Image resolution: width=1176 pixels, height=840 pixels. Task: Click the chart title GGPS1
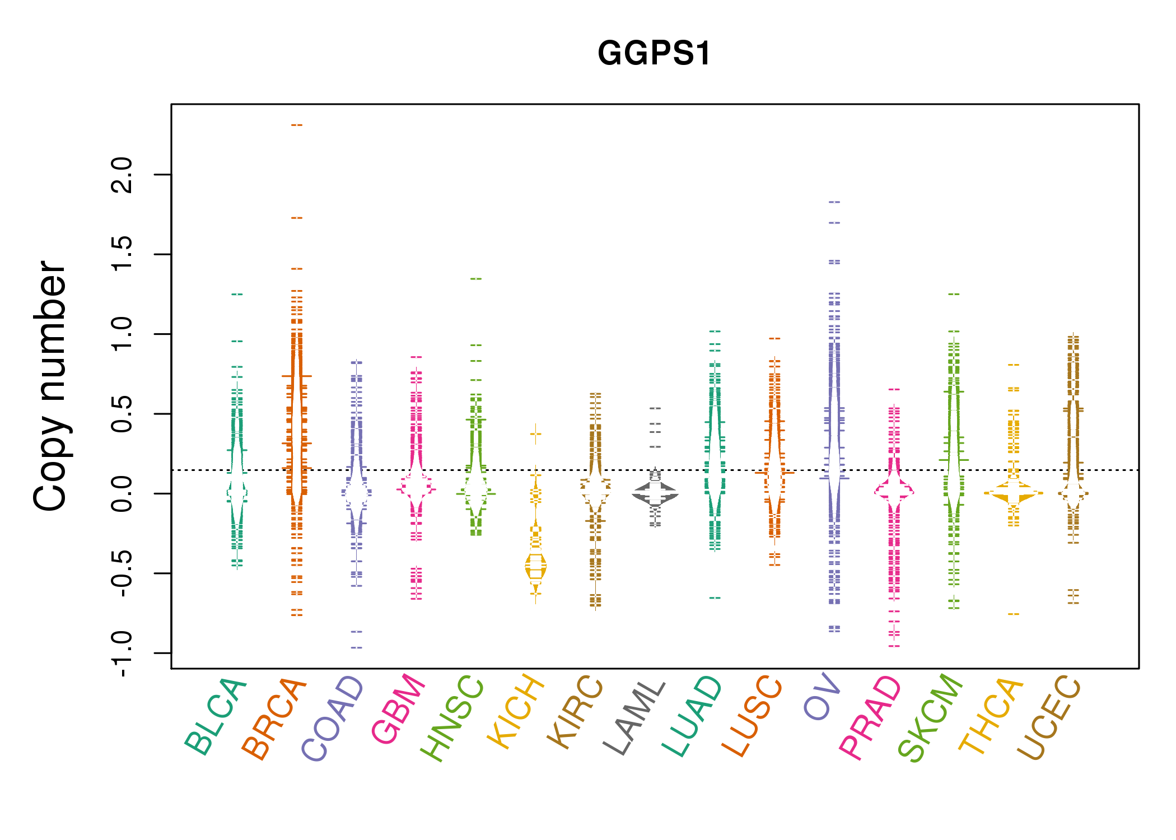tap(654, 54)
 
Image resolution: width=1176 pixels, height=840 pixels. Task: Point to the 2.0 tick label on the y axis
tap(122, 175)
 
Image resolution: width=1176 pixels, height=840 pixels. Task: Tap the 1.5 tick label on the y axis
tap(122, 254)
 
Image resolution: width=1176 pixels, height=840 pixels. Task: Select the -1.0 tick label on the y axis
tap(122, 653)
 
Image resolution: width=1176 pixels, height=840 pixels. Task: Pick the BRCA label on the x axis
tap(274, 719)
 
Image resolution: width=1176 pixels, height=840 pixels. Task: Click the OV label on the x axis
tap(822, 697)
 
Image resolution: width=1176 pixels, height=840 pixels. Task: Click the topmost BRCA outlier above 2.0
tap(297, 125)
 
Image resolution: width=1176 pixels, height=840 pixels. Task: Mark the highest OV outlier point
tap(834, 202)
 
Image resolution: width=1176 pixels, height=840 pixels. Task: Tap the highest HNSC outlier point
tap(476, 279)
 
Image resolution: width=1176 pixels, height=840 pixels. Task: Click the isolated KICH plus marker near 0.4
tap(536, 433)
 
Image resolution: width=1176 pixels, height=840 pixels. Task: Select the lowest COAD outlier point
tap(357, 648)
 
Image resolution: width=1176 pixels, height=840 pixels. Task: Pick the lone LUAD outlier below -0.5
tap(715, 598)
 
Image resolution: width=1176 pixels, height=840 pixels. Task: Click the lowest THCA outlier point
tap(1014, 614)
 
